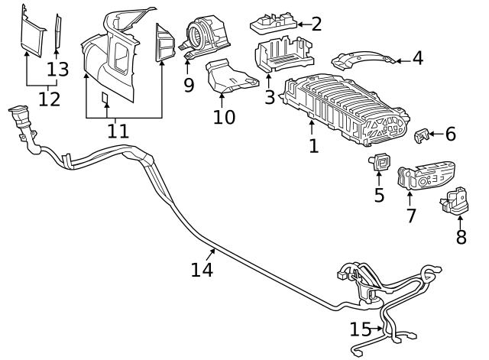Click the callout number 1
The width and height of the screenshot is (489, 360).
[313, 145]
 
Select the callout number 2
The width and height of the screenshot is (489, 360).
[316, 24]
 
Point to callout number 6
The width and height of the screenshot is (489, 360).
[450, 135]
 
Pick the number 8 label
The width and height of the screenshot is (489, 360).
[461, 237]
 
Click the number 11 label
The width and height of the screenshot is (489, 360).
[118, 131]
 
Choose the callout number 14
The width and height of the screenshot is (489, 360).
[202, 269]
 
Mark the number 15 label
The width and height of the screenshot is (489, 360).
[360, 329]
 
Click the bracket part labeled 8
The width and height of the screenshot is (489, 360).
[455, 201]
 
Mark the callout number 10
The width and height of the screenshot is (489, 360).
[224, 117]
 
